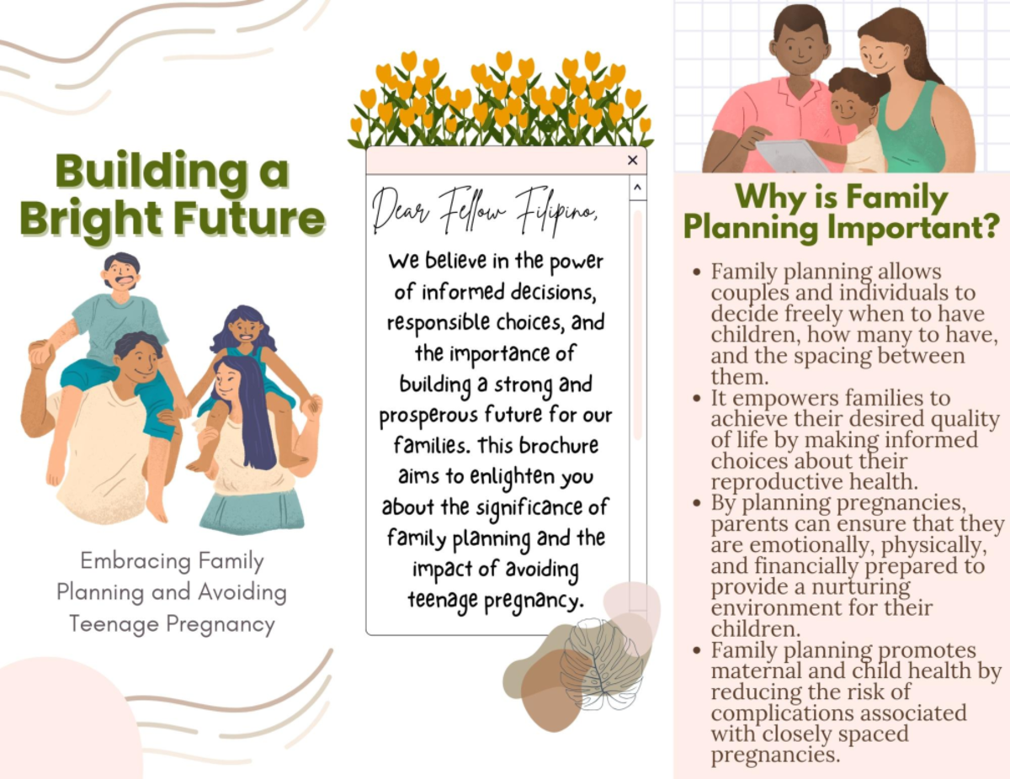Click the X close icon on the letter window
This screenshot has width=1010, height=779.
[632, 161]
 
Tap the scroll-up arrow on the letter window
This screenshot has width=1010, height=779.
[637, 188]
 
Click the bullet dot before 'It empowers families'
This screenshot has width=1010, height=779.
[696, 398]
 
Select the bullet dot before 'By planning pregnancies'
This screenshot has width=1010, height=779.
[696, 503]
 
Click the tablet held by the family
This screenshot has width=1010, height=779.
[790, 155]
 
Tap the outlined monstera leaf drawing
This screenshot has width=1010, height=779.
[600, 665]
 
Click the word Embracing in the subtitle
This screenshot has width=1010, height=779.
[136, 561]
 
